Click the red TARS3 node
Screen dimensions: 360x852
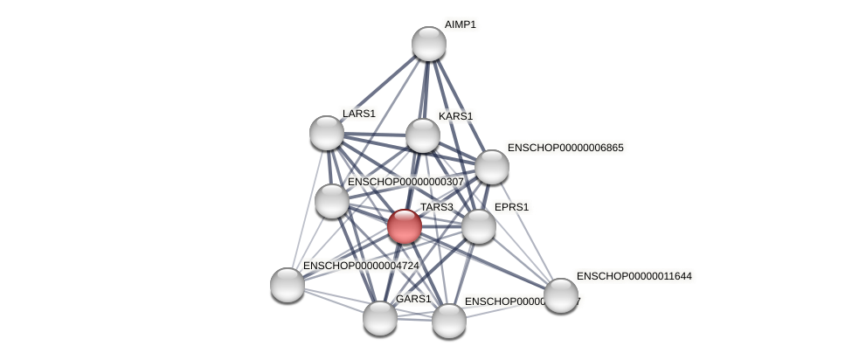405,226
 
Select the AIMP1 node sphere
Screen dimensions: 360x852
429,44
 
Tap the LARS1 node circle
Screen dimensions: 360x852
327,133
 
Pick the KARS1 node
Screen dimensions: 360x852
423,135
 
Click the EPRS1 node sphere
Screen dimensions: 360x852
479,226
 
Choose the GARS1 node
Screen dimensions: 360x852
380,317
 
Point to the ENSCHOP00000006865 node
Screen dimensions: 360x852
492,167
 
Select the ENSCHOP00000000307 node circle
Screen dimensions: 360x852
332,201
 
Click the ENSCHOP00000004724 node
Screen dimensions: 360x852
287,284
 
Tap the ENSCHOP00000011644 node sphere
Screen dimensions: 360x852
561,295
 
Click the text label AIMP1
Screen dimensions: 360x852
460,24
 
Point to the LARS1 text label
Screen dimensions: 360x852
358,114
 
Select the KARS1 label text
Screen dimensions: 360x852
455,116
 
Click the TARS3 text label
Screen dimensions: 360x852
436,207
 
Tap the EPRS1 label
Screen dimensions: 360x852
511,207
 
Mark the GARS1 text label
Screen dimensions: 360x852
412,299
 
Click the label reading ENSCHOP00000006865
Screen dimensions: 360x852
565,148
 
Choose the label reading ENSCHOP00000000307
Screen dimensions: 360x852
405,182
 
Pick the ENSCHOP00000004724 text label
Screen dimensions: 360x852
361,266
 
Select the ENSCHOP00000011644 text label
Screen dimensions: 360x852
634,277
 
